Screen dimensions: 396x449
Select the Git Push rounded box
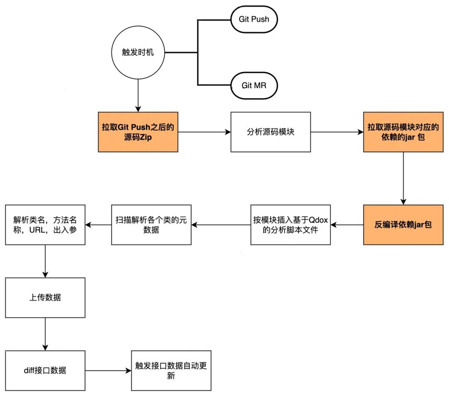[x=254, y=19]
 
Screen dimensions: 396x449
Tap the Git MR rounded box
[x=254, y=86]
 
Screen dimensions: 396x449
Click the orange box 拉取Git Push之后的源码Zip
[x=138, y=132]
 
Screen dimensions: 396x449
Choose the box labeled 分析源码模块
[x=271, y=132]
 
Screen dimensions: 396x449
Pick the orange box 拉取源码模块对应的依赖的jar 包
[x=403, y=132]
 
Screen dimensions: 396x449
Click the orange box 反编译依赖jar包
[x=403, y=225]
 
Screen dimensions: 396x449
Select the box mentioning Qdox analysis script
[x=291, y=225]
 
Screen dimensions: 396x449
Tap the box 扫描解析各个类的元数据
[x=151, y=225]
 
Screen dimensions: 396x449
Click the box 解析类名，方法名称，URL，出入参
[x=45, y=225]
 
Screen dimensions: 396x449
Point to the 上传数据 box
[x=45, y=298]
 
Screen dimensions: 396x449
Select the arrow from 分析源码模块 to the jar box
[x=337, y=132]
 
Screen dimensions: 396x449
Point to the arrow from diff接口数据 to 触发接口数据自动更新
[x=108, y=371]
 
